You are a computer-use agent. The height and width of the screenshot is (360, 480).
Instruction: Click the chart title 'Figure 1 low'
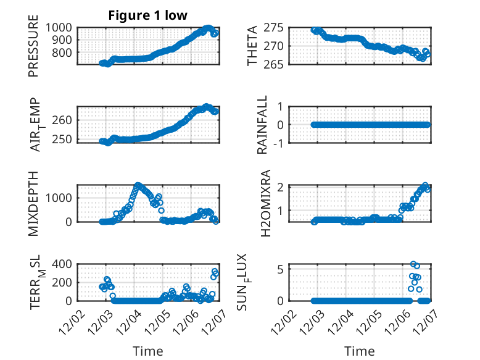tap(147, 15)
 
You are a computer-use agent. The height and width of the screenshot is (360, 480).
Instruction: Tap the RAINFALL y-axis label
tap(262, 125)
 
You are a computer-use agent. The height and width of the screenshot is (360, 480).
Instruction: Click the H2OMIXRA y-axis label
tap(266, 203)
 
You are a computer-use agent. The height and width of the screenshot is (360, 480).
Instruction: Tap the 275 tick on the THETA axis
tap(273, 27)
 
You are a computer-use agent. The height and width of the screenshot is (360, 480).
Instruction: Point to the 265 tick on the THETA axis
tap(273, 64)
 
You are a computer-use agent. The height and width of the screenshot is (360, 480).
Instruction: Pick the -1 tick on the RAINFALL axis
tap(278, 143)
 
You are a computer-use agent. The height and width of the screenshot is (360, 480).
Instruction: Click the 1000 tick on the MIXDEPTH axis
tap(60, 198)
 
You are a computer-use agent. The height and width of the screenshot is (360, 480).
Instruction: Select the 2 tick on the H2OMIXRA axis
tap(279, 187)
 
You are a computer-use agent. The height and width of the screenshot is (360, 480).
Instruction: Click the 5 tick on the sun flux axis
tap(279, 269)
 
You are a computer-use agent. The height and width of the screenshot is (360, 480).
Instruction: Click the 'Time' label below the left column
tap(148, 351)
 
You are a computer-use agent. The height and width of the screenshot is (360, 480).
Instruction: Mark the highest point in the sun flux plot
tap(413, 264)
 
